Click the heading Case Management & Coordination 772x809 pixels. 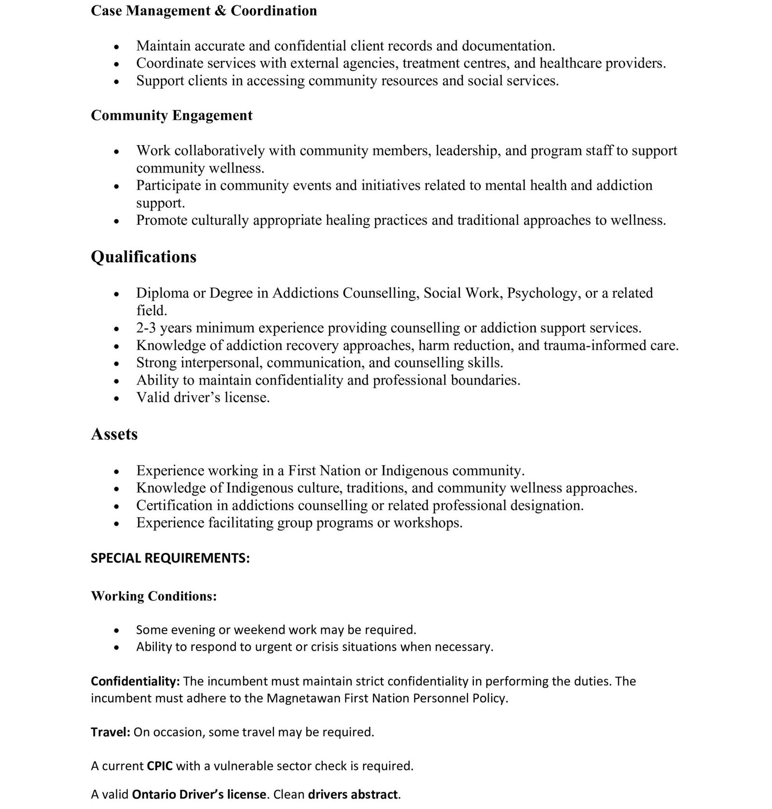coord(204,11)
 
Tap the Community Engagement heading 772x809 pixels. coord(171,116)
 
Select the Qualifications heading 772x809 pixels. coord(143,257)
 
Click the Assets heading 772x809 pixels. coord(114,434)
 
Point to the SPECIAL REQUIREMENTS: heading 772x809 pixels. coord(170,558)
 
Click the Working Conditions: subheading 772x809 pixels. coord(154,596)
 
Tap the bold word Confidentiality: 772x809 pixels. coord(136,681)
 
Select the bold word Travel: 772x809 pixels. coord(110,732)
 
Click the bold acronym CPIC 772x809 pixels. coord(160,766)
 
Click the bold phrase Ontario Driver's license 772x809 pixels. coord(199,795)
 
